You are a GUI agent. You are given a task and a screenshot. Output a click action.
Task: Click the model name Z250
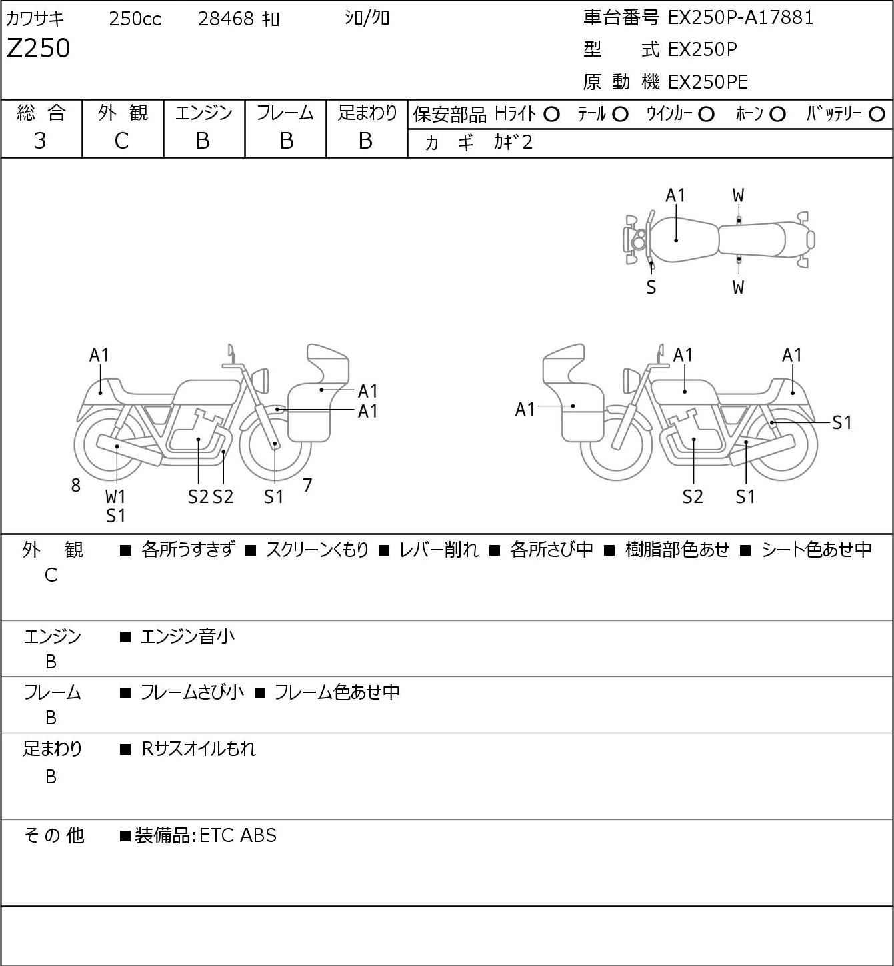pos(39,49)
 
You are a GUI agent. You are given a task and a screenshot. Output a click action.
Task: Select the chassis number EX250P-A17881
pos(741,17)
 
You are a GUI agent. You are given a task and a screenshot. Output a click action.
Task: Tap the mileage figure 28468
pos(226,19)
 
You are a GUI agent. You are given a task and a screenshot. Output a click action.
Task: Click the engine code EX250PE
pos(708,82)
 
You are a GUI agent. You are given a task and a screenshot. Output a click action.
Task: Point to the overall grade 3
pos(40,141)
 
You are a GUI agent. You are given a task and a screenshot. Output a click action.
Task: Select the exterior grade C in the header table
pos(121,141)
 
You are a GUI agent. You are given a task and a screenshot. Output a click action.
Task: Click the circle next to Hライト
pos(551,114)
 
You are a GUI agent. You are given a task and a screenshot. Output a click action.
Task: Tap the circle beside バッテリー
pos(877,114)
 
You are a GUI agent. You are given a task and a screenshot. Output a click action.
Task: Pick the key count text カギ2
pos(513,143)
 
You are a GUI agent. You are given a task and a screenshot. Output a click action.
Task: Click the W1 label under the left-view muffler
pos(115,496)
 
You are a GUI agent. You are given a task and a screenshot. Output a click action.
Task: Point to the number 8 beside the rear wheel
pos(76,486)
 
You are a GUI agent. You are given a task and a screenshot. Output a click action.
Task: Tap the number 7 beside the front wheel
pos(307,486)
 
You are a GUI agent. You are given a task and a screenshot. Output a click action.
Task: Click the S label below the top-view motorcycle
pos(651,288)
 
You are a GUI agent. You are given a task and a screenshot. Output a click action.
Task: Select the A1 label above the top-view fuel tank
pos(675,195)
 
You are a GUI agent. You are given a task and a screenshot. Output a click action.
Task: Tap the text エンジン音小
pos(188,637)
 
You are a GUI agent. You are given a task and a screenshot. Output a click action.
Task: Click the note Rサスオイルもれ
pos(199,749)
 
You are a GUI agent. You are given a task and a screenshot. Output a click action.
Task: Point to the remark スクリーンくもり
pos(317,550)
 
